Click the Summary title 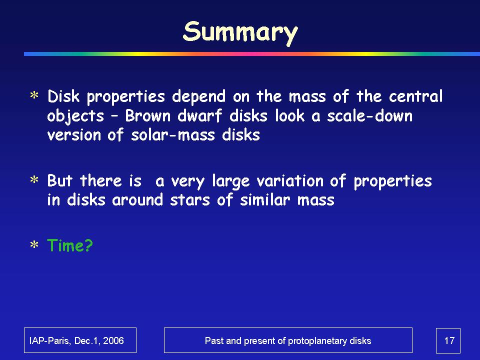tap(240, 32)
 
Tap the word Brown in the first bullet tap(147, 116)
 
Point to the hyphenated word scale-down tap(370, 116)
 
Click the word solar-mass tap(173, 135)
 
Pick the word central tap(415, 96)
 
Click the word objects tap(75, 117)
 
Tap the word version tap(74, 135)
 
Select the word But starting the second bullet tap(59, 180)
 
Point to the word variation tap(290, 180)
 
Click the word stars tap(190, 200)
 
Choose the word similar tap(265, 199)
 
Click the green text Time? tap(70, 245)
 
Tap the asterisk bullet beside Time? tap(34, 245)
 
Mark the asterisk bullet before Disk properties tap(34, 95)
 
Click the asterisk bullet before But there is tap(34, 179)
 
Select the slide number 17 tap(449, 340)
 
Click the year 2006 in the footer tap(113, 340)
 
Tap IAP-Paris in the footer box tap(48, 340)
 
